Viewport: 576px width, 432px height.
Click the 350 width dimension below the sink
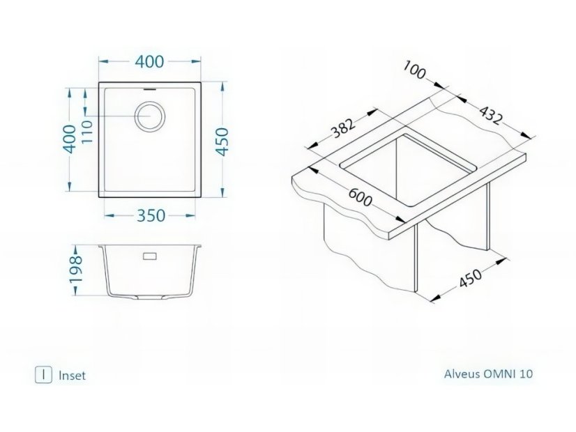point(151,215)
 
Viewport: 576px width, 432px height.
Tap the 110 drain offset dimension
point(88,132)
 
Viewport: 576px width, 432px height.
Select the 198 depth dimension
point(77,270)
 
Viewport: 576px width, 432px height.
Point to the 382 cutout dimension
point(344,128)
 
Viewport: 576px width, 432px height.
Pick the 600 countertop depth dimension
point(361,196)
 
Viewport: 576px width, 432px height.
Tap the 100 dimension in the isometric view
point(415,70)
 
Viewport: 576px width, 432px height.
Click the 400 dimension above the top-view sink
point(149,61)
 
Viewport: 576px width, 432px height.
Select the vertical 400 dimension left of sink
point(70,139)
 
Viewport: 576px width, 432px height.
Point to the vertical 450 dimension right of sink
point(222,141)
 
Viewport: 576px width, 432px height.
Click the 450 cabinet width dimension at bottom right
point(470,279)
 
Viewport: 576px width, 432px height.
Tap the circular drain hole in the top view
point(150,115)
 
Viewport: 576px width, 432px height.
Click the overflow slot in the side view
point(150,256)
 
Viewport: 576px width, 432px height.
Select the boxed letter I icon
point(43,375)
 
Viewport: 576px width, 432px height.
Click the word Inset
point(72,376)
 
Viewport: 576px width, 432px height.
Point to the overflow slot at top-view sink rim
point(149,88)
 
